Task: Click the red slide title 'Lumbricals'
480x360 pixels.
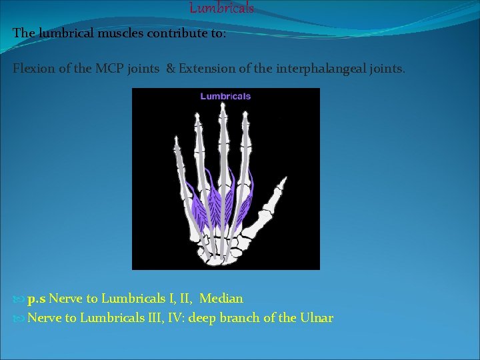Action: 221,8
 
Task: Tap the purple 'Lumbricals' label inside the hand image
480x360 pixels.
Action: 225,96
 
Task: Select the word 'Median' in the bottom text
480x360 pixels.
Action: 221,299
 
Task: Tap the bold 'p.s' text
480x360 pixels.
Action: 37,299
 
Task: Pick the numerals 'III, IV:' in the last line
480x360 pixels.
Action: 163,318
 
